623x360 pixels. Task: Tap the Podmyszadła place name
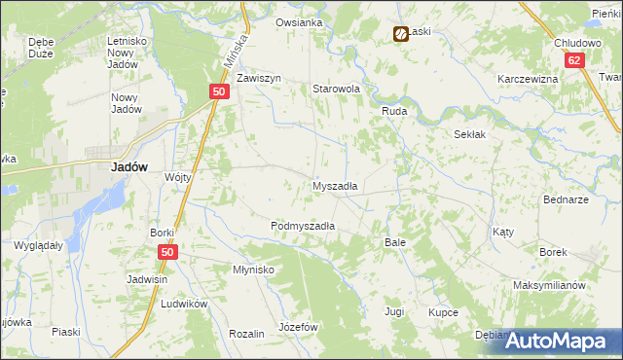(303, 226)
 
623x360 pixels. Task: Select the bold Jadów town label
(129, 167)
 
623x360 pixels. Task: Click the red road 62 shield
(577, 60)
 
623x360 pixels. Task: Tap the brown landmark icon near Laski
(400, 35)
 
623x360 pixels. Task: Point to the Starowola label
(336, 89)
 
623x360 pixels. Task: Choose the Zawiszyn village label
(258, 78)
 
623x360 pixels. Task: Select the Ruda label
(393, 112)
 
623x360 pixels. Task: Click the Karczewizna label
(527, 79)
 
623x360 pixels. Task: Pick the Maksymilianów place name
(548, 286)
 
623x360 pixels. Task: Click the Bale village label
(394, 241)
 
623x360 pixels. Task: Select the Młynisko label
(253, 270)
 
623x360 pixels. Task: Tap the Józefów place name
(299, 327)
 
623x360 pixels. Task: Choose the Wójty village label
(178, 177)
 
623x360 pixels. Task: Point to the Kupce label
(443, 312)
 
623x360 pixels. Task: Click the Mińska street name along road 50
(231, 60)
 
